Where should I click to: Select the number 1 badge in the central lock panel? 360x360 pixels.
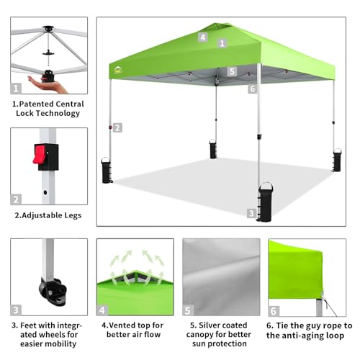coord(16,89)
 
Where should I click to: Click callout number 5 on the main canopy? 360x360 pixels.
coord(232,71)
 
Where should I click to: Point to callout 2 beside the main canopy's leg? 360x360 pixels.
coord(117,127)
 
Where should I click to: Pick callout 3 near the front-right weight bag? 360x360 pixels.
coord(251,213)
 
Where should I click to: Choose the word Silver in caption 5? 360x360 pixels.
coord(212,325)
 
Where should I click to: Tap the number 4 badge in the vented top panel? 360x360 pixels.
coord(103,311)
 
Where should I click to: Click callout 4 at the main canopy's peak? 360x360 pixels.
coord(203,36)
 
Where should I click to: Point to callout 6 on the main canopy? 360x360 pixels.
coord(252,89)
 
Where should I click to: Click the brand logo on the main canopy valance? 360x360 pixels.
coord(119,71)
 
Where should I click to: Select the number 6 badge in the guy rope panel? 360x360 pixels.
coord(274,311)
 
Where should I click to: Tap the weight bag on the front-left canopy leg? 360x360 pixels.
coord(107,171)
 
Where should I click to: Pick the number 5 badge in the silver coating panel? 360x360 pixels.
coord(189,311)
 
